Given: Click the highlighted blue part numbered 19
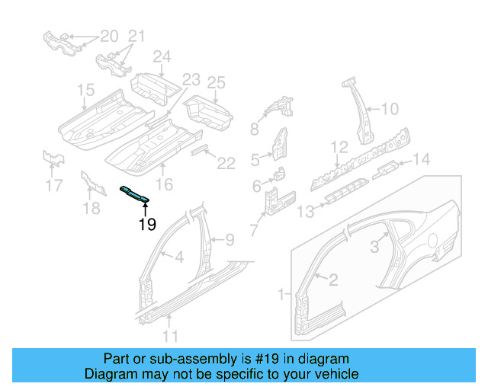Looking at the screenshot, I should click(133, 194).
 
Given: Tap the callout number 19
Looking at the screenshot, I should click(147, 224).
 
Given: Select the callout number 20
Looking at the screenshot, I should click(110, 36).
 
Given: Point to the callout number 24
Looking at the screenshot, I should click(162, 56).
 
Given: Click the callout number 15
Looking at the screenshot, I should click(85, 92).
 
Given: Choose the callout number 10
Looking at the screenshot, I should click(389, 109).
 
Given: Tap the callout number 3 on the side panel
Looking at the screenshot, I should click(374, 246).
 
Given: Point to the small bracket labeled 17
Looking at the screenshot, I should click(53, 158).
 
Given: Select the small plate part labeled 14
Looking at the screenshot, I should click(387, 166).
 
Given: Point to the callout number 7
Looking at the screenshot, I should click(253, 227).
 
